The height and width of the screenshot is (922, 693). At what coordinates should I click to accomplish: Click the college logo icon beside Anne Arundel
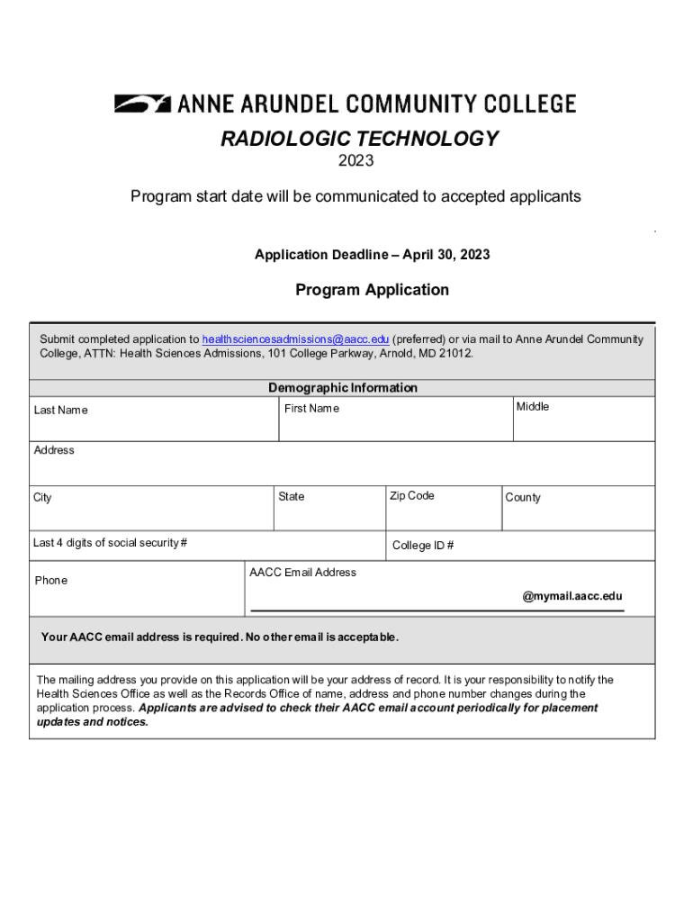point(142,104)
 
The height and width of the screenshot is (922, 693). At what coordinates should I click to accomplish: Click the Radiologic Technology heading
point(359,139)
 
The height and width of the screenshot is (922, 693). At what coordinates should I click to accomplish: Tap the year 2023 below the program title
point(355,162)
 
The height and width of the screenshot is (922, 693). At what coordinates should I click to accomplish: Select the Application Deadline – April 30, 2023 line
point(372,255)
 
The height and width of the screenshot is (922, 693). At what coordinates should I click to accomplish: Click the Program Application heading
point(372,290)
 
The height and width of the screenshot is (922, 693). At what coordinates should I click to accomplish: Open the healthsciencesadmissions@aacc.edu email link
point(295,339)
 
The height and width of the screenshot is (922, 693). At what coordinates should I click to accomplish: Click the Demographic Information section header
point(342,388)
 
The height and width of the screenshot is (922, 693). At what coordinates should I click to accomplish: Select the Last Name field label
point(60,411)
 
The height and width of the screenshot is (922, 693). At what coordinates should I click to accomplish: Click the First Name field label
point(311,409)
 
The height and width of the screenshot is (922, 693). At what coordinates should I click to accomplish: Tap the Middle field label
point(532,407)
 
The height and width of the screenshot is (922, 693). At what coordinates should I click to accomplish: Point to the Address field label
point(54,450)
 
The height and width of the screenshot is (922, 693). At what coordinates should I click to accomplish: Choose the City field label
point(42,498)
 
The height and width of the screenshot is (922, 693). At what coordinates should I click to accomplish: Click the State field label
point(292,497)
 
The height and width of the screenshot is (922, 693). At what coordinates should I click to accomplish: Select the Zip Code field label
point(411,496)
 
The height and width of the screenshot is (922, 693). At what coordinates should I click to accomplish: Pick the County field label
point(523,498)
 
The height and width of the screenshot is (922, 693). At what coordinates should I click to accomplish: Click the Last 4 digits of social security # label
point(110,543)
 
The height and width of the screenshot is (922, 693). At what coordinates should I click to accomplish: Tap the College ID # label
point(423,546)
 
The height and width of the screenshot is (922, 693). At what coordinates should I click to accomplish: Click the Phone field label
point(50,581)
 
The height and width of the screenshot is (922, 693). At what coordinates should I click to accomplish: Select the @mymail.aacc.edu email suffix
point(572,596)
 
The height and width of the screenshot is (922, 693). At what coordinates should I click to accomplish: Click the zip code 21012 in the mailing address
point(454,354)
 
